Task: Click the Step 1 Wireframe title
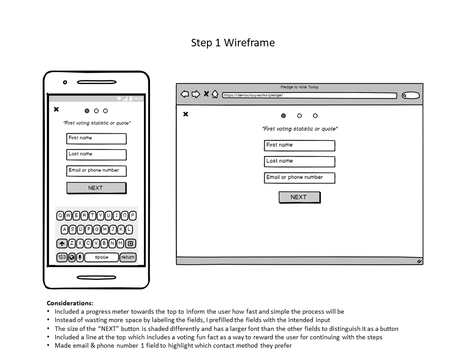tap(233, 43)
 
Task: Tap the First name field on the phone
tap(96, 139)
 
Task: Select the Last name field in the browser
tap(299, 161)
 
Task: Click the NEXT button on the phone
tap(96, 188)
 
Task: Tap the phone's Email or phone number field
tap(96, 171)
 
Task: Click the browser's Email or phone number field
tap(299, 178)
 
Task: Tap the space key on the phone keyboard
tap(101, 257)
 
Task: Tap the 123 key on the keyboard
tap(62, 257)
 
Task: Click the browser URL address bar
tap(309, 95)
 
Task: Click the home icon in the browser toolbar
tap(215, 94)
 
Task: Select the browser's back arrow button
tap(184, 94)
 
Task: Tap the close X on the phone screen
tap(56, 109)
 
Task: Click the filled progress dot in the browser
tap(283, 116)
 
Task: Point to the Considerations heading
tap(70, 303)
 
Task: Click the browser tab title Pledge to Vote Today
tap(299, 87)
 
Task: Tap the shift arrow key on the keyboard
tap(62, 244)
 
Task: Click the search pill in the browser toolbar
tap(411, 95)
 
